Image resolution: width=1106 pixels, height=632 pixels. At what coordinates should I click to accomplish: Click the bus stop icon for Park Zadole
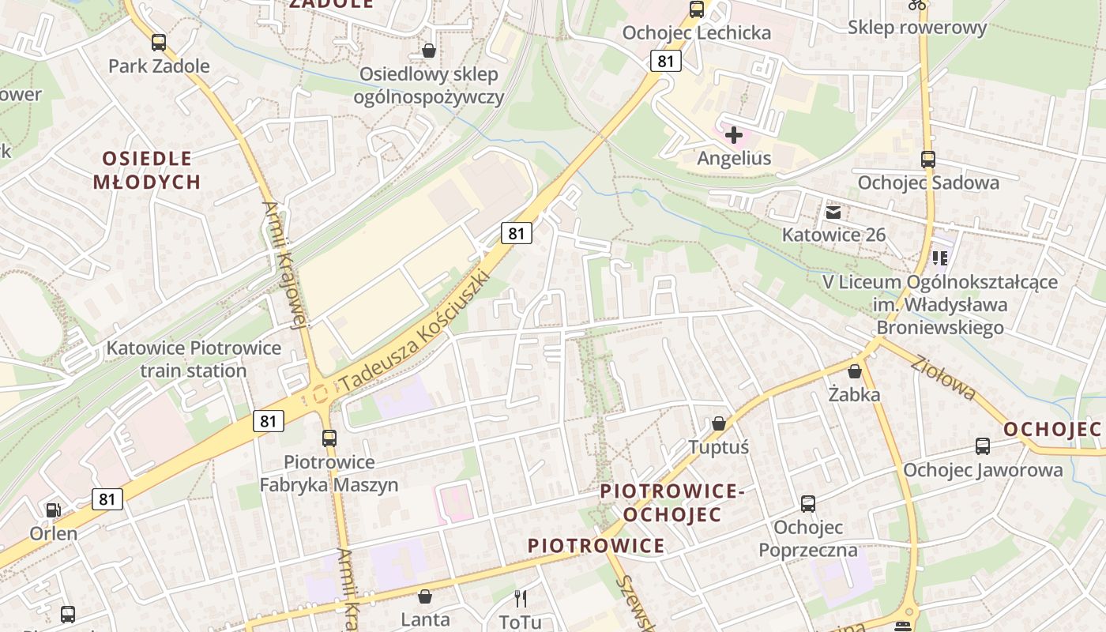[x=159, y=43]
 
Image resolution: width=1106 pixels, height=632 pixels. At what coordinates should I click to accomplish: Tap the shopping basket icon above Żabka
[x=854, y=371]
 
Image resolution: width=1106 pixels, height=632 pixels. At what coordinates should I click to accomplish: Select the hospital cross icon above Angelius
[x=734, y=135]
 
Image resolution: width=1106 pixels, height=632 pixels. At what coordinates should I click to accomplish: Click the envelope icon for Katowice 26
[x=833, y=212]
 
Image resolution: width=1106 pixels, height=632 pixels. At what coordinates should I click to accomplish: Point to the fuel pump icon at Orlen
[x=53, y=510]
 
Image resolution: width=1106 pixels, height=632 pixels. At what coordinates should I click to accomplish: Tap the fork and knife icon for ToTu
[x=520, y=598]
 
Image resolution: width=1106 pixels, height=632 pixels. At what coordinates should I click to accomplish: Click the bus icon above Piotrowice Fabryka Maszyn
[x=329, y=438]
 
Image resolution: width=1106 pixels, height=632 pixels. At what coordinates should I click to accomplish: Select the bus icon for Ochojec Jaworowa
[x=983, y=446]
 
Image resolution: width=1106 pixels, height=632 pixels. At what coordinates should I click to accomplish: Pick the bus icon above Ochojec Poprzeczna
[x=807, y=503]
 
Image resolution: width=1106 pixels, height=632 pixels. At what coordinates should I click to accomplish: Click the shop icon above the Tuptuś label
[x=718, y=423]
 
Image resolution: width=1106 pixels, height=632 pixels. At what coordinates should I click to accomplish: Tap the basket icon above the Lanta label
[x=425, y=596]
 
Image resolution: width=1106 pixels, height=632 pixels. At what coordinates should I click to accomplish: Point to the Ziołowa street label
[x=942, y=378]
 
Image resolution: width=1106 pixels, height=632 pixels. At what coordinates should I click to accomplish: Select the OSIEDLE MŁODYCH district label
[x=147, y=170]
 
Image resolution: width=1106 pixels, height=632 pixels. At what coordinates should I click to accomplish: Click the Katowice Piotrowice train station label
[x=194, y=359]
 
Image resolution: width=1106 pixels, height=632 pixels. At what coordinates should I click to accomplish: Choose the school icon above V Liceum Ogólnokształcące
[x=939, y=258]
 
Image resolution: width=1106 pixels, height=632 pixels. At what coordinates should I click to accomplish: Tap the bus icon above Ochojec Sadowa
[x=928, y=159]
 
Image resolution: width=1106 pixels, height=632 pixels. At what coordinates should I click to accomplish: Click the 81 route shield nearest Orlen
[x=107, y=498]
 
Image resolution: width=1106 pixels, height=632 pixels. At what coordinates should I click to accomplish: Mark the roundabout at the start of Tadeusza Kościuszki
[x=321, y=391]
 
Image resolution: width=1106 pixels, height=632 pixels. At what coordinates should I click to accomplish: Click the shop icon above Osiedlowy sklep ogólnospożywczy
[x=428, y=51]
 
